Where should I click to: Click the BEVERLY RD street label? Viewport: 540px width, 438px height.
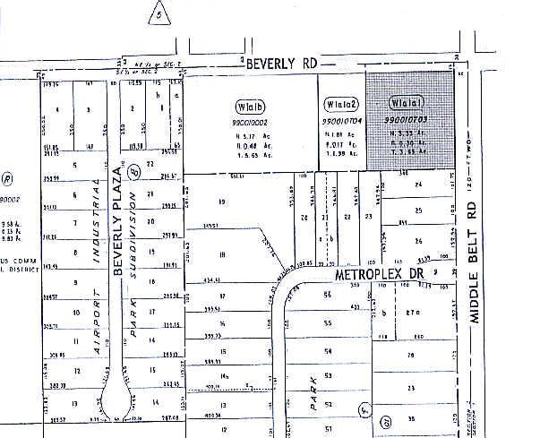coord(283,64)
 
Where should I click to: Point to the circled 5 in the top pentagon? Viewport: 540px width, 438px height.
coord(158,14)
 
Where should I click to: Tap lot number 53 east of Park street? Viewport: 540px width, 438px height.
coord(328,376)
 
